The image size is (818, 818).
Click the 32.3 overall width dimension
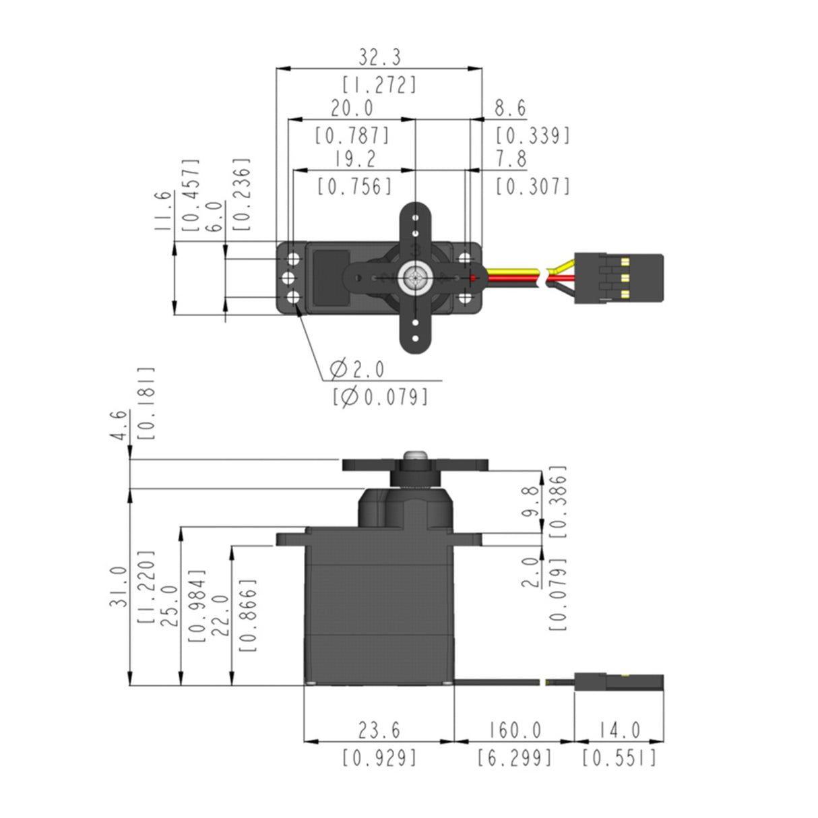click(379, 58)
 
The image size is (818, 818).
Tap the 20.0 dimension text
click(352, 108)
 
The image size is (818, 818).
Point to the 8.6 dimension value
click(510, 108)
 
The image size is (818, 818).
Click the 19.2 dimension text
click(355, 159)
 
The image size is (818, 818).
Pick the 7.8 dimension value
click(510, 159)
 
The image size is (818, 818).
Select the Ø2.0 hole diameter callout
click(357, 369)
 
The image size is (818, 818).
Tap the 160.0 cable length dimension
click(514, 730)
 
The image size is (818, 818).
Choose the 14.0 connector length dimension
click(619, 730)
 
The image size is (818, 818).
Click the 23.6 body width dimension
click(379, 730)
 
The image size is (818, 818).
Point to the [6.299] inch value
click(514, 758)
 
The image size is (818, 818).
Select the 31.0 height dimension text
click(119, 586)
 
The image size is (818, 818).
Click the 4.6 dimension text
click(119, 425)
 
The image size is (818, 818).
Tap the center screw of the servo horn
click(414, 278)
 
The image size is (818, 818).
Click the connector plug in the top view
click(618, 278)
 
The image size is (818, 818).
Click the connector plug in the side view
click(618, 682)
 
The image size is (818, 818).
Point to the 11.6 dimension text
click(162, 211)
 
